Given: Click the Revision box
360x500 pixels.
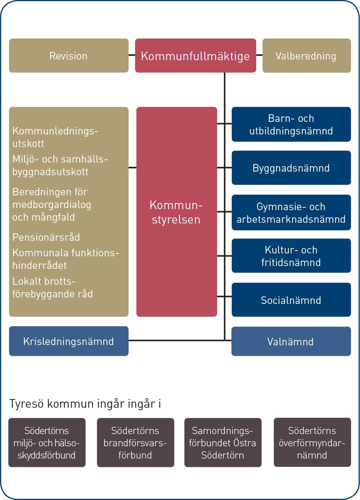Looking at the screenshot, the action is (x=69, y=56).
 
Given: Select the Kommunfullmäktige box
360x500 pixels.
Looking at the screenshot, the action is (x=196, y=56).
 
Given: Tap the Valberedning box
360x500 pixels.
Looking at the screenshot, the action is (x=307, y=56).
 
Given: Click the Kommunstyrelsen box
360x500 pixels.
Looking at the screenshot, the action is (x=177, y=212).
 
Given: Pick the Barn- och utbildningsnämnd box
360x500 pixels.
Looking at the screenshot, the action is (x=291, y=124).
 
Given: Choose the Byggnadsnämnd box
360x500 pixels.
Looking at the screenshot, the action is (x=291, y=168).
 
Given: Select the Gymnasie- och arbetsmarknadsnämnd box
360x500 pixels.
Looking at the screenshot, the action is (x=291, y=212).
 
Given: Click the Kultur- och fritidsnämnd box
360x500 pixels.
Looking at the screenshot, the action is (x=291, y=256).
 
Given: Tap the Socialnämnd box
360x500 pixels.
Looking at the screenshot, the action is (x=291, y=300).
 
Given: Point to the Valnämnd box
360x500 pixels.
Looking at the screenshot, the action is (x=291, y=341).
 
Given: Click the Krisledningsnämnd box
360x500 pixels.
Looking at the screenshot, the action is (x=69, y=341).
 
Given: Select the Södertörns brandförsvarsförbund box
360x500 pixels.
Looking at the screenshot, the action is (x=135, y=443).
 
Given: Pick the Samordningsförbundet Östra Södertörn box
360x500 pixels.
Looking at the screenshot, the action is (x=223, y=443).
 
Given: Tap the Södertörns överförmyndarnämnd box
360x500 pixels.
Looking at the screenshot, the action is (x=312, y=442).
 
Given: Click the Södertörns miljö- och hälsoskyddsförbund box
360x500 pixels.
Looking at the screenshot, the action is (x=47, y=443).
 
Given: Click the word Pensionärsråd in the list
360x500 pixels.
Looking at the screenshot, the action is (x=46, y=237).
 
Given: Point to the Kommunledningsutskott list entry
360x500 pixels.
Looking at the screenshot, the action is (x=55, y=137).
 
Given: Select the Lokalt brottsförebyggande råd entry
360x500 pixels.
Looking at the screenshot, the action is (x=53, y=288).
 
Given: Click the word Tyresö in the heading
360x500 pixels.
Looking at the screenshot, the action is (x=26, y=404).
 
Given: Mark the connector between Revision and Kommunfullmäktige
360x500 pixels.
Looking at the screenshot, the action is (x=132, y=55).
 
